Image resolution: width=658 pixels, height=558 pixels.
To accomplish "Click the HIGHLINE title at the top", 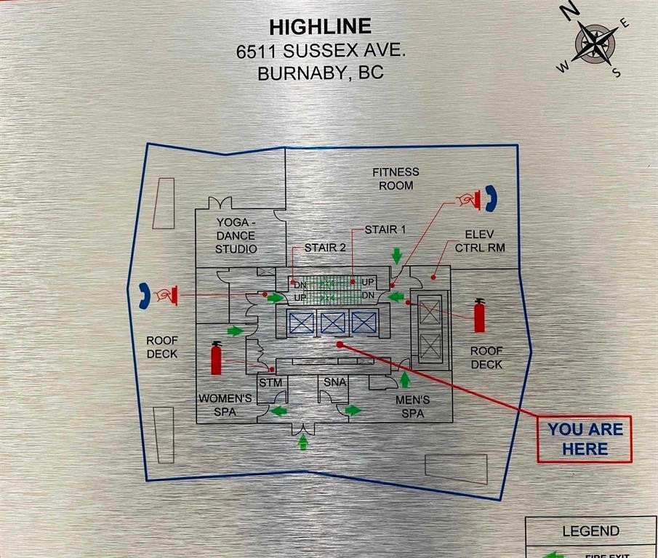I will tap(320, 27).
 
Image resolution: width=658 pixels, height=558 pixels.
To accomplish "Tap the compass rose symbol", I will tap(594, 43).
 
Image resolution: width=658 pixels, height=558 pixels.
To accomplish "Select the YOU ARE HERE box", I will tap(585, 439).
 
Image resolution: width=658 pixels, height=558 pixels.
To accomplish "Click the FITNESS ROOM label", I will tap(396, 179).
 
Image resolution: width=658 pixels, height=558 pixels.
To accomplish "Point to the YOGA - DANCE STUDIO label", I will tap(236, 235).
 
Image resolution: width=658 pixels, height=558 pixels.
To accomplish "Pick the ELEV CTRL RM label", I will tap(480, 241).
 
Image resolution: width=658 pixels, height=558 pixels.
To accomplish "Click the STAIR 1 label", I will tap(385, 230).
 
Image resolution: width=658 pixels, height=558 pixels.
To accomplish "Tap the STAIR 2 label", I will tap(324, 248).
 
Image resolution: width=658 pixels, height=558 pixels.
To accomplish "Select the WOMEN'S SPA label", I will tap(225, 405).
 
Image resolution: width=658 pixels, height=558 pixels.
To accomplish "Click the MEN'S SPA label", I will tap(412, 407).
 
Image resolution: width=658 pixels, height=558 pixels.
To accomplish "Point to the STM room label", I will tap(270, 382).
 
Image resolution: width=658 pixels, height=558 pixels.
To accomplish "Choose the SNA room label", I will tap(334, 382).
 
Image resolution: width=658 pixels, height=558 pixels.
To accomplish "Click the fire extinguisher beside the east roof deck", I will tap(479, 316).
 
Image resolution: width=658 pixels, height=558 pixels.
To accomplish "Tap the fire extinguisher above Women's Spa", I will tap(216, 358).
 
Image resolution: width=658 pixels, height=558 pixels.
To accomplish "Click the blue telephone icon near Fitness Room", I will tap(492, 198).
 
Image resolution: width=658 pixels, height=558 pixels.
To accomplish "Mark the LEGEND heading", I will tap(590, 531).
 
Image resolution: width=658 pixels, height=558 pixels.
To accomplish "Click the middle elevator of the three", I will tap(332, 323).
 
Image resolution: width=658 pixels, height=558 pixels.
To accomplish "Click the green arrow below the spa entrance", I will tap(303, 441).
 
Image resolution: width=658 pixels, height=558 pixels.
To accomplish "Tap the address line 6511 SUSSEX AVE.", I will tap(320, 52).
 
